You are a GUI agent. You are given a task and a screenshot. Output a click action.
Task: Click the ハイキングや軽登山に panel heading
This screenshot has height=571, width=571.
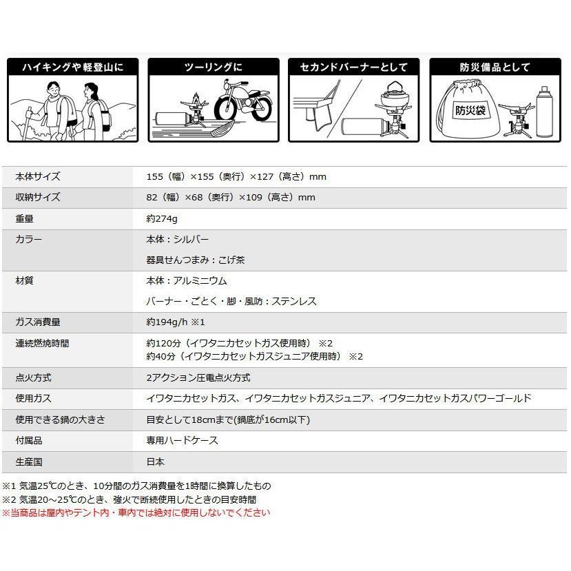pyautogui.click(x=73, y=68)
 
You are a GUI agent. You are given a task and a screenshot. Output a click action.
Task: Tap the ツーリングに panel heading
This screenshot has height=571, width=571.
pyautogui.click(x=214, y=68)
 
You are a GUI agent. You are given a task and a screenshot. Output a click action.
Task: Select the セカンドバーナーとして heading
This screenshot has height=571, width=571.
pyautogui.click(x=354, y=68)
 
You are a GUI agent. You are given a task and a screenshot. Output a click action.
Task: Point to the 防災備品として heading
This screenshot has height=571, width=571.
pyautogui.click(x=495, y=68)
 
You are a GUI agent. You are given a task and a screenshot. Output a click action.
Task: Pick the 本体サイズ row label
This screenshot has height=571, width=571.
pyautogui.click(x=38, y=176)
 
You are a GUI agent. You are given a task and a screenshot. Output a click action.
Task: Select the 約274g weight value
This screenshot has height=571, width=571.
pyautogui.click(x=162, y=218)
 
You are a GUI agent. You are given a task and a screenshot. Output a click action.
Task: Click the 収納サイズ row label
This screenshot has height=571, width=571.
pyautogui.click(x=38, y=198)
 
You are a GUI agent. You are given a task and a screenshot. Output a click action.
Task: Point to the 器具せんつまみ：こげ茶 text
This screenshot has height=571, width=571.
pyautogui.click(x=196, y=260)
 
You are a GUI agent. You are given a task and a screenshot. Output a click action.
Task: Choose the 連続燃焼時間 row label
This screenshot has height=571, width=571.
pyautogui.click(x=42, y=343)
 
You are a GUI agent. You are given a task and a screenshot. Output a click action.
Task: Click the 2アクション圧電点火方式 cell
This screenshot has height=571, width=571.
pyautogui.click(x=198, y=377)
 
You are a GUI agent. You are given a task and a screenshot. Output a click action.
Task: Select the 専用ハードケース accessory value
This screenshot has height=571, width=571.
pyautogui.click(x=182, y=440)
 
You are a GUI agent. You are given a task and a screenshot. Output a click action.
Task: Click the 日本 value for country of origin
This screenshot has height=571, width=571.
pyautogui.click(x=156, y=461)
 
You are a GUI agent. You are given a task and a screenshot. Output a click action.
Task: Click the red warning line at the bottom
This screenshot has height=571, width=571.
pyautogui.click(x=136, y=512)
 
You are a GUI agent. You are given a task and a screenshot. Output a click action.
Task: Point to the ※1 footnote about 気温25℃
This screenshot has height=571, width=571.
pyautogui.click(x=136, y=486)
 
